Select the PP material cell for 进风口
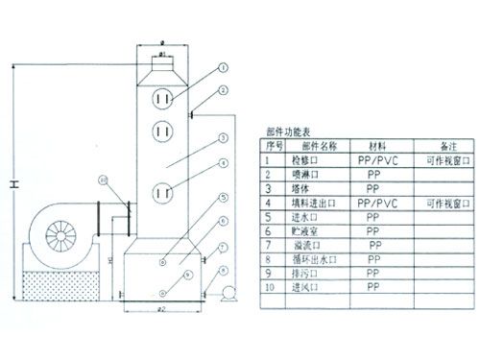[374, 286]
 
